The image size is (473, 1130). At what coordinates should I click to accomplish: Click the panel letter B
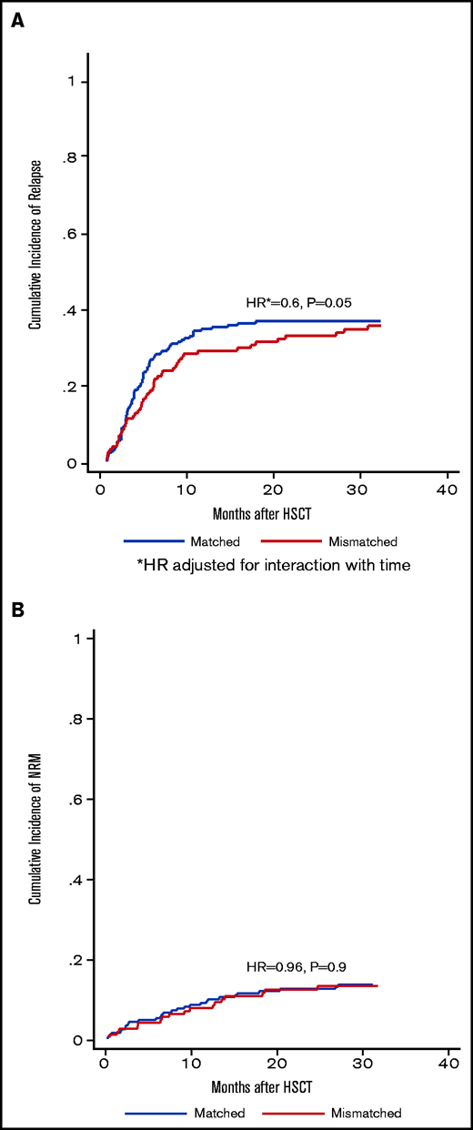point(16,605)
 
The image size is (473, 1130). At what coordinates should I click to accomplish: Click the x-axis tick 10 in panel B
point(191,1064)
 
